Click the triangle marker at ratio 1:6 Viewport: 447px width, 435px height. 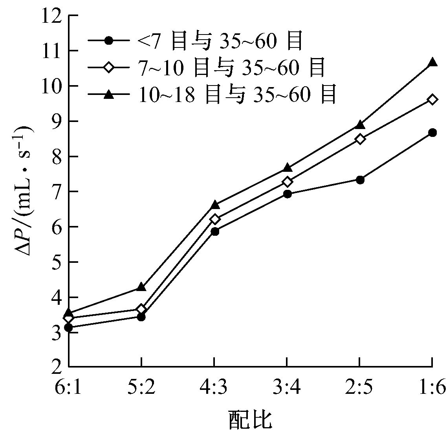[432, 62]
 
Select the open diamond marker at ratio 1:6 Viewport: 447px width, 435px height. [432, 99]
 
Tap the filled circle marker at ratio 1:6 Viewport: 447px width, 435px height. [432, 133]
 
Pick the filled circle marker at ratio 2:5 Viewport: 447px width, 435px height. [360, 180]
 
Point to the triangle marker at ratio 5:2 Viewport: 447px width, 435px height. [141, 287]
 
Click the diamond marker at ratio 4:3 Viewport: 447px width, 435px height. [214, 219]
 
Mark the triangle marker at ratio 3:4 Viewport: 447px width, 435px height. [287, 167]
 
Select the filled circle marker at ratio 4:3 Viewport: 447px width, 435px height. [214, 231]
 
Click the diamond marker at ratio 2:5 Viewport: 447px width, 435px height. [360, 139]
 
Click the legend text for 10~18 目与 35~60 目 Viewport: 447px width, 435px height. [237, 95]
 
